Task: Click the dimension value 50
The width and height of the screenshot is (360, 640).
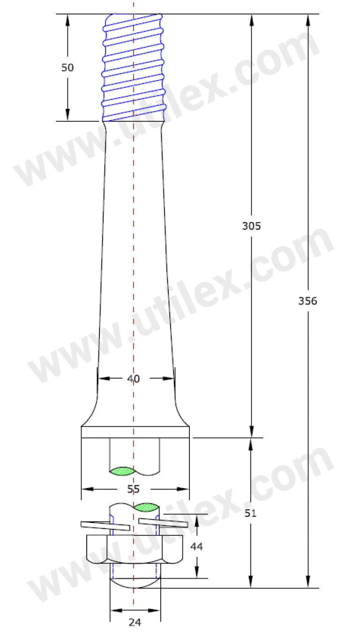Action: (67, 67)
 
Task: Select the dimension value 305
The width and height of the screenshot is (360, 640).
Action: (251, 226)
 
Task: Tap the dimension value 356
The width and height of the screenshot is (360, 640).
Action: (307, 301)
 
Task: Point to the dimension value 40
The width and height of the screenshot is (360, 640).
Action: (134, 379)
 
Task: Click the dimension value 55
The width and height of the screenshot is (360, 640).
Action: (134, 489)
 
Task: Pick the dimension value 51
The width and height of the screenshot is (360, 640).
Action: (251, 513)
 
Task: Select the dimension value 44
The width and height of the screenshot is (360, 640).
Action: (197, 546)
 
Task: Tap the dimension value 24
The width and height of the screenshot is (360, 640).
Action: (135, 622)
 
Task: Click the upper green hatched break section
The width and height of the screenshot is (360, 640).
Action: (122, 470)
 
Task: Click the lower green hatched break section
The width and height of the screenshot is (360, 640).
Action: (146, 506)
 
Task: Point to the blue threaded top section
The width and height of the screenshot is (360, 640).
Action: (134, 66)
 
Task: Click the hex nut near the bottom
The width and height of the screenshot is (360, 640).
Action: (135, 549)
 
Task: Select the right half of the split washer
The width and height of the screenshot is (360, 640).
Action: (164, 522)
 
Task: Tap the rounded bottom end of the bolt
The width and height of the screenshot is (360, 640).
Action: (135, 583)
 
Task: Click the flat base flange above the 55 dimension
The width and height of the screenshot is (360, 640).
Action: (135, 432)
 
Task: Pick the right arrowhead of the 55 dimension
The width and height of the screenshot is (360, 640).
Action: (185, 489)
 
